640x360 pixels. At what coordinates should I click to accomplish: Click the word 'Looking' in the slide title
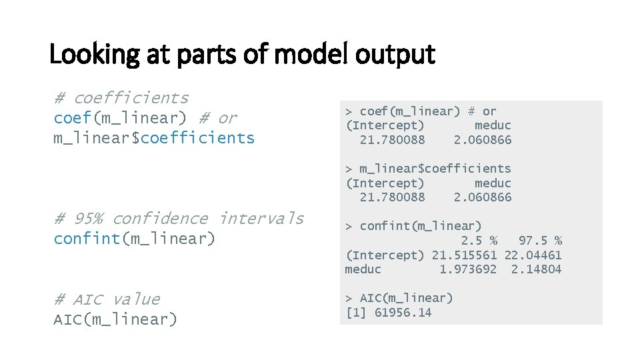[93, 55]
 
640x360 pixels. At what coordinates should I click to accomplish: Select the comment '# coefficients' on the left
[121, 98]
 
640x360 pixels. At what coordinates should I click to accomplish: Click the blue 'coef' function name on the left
[73, 118]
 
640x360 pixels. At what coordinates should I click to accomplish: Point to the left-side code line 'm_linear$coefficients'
[154, 138]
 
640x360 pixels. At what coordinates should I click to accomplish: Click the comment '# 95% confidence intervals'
[179, 219]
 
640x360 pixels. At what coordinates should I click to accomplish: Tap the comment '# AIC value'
[107, 299]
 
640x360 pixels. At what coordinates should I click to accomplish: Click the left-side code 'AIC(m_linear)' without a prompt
[115, 319]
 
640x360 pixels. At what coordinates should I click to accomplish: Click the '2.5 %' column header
[479, 240]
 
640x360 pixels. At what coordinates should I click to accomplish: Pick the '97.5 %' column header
[540, 240]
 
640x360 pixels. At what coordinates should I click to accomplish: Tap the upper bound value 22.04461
[533, 255]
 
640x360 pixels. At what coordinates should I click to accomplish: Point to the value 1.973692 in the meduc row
[467, 269]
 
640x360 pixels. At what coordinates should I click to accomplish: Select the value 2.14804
[536, 269]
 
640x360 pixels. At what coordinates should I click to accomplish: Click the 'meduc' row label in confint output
[363, 269]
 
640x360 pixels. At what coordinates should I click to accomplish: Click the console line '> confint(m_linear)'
[413, 226]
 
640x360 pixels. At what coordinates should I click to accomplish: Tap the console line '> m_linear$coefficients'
[428, 169]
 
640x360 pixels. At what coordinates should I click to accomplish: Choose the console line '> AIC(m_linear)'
[399, 298]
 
